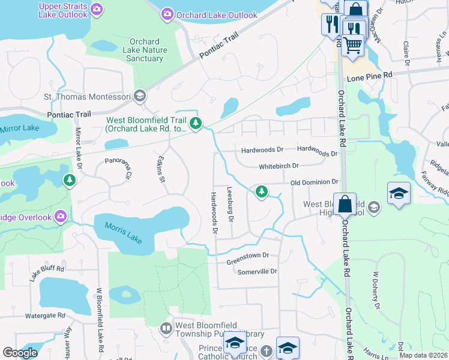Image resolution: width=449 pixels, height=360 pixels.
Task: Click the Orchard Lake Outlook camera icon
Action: (167, 14)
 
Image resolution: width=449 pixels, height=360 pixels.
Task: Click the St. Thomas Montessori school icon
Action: (140, 96)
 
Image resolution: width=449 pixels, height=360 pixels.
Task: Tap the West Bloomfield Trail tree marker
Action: (195, 124)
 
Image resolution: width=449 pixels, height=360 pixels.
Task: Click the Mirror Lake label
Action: (20, 128)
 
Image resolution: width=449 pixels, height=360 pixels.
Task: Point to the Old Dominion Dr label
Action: (315, 182)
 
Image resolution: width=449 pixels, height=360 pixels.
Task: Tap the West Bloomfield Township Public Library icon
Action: (166, 328)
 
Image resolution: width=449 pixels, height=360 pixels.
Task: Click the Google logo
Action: (20, 353)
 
